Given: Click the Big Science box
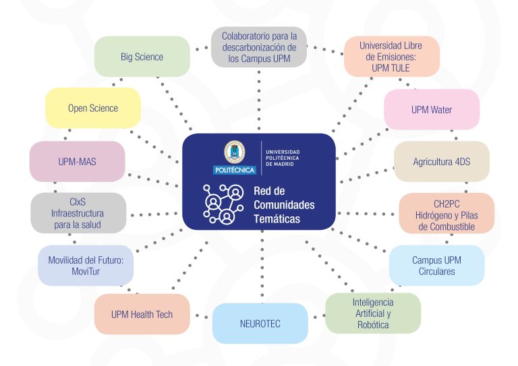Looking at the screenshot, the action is pos(142,57).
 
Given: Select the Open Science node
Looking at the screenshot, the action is pos(93,108).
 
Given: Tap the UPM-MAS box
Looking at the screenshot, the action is pos(78,161).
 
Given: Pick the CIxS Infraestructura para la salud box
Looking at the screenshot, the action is pos(78,213).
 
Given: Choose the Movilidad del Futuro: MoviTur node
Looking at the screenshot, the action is pos(86,266).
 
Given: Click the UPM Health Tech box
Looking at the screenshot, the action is pos(142,314).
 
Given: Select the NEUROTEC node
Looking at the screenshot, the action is pos(260,324).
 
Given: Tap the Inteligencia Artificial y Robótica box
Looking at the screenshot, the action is pos(373,313).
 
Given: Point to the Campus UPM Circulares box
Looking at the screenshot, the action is pos(437,266).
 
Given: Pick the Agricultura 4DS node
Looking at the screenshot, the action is pos(442,161).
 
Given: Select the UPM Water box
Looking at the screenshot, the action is pos(432,109).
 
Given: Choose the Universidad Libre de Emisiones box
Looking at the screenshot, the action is pos(392,57).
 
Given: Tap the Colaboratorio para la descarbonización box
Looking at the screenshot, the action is pos(259,47).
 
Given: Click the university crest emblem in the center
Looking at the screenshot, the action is pos(235,152).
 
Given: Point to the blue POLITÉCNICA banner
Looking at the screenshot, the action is pos(235,170).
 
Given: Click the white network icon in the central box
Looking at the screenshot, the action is pos(223,204).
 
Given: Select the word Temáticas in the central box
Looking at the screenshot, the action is pos(277,219).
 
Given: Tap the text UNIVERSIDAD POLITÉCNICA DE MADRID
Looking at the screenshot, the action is pos(283,158).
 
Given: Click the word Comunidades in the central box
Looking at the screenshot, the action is pos(284,205).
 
